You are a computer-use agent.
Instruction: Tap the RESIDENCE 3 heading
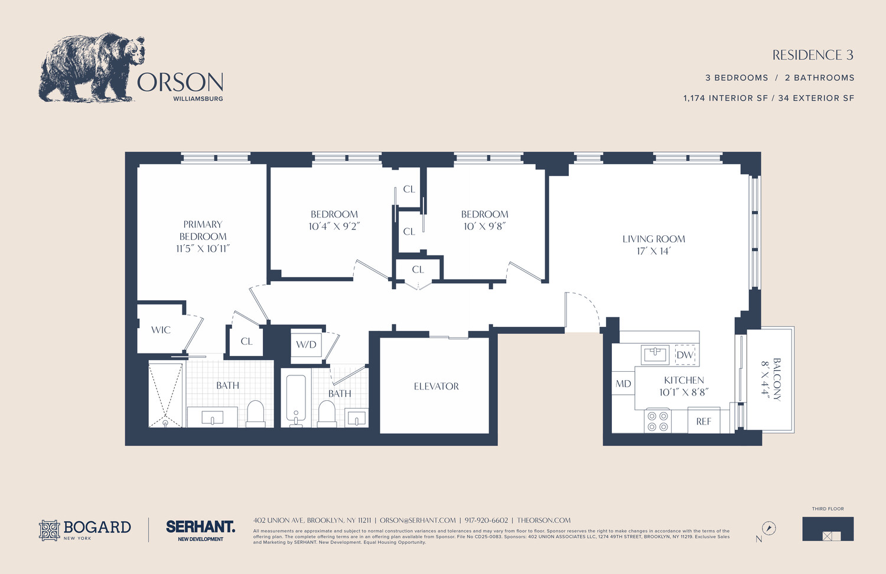tap(813, 55)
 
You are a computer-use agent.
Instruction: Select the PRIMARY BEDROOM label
tap(203, 236)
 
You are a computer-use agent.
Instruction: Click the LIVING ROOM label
tap(653, 245)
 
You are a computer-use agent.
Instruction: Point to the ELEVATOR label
tap(436, 386)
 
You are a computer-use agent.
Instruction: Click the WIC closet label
tap(161, 330)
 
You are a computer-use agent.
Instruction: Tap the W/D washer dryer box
tap(306, 345)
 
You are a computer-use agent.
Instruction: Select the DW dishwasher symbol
tap(685, 355)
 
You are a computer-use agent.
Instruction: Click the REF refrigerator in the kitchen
tap(703, 421)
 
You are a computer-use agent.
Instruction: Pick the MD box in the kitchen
tap(623, 384)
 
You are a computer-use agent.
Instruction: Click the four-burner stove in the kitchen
tap(657, 421)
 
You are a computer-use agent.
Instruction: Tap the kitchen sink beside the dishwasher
tap(655, 355)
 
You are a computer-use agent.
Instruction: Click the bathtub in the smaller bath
tap(296, 398)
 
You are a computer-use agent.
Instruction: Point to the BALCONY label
tap(771, 379)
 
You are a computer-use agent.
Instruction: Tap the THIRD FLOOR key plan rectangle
tap(828, 528)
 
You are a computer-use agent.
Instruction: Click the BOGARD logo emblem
tap(50, 530)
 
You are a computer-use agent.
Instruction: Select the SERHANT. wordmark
tap(200, 526)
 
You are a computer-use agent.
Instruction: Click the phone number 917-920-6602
tap(486, 520)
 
